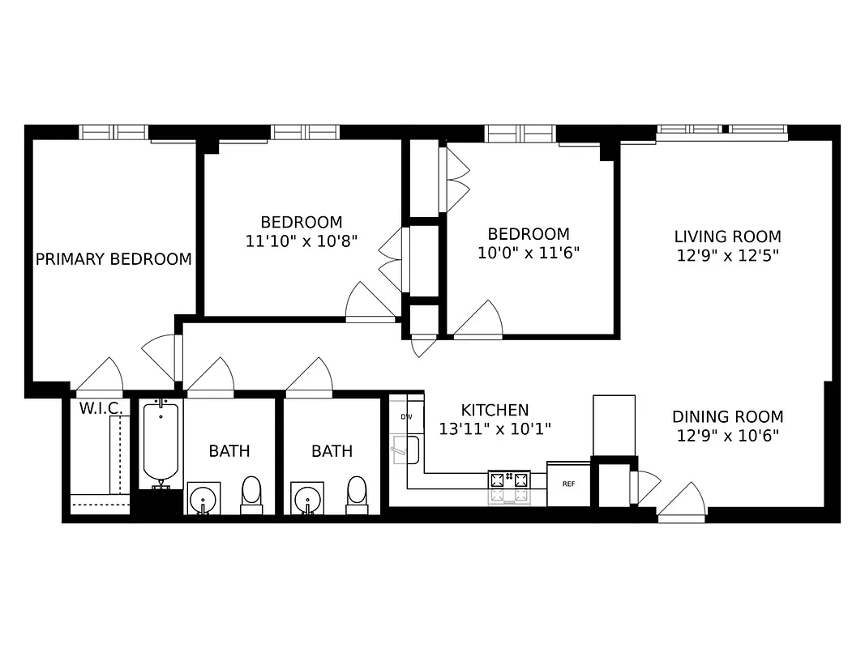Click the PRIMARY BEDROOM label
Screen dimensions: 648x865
coord(113,259)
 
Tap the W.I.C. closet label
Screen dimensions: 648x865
coord(101,408)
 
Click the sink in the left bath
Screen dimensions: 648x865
coord(203,497)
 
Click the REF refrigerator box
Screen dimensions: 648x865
coord(568,484)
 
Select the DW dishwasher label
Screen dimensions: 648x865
coord(406,416)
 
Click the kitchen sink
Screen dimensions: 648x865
coord(405,450)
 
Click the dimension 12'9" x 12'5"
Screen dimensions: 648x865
coord(727,255)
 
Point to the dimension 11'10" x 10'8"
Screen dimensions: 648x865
coord(301,241)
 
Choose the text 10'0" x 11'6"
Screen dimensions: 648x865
coord(523,252)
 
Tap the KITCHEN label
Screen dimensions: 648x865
coord(495,411)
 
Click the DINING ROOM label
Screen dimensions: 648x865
coord(727,417)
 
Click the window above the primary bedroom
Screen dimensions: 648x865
coord(113,131)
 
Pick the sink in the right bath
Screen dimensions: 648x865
coord(306,497)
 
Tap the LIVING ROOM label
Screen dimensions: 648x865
coord(727,237)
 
